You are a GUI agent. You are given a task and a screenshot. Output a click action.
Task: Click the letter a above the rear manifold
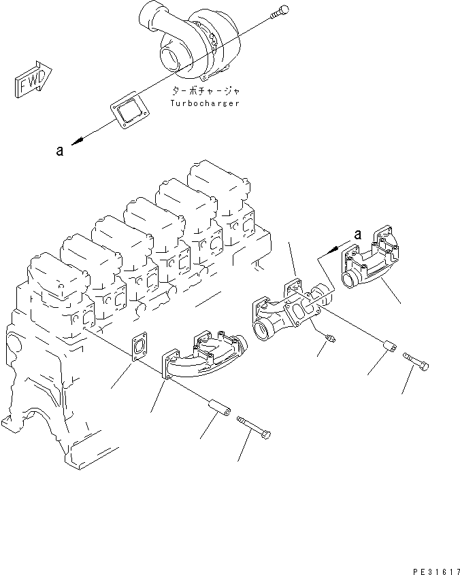tap(357, 235)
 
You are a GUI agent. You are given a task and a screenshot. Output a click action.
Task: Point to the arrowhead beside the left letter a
tap(80, 140)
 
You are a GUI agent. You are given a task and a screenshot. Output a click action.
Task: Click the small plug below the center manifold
tap(330, 337)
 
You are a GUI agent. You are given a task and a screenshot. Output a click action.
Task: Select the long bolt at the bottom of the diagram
tap(255, 429)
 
